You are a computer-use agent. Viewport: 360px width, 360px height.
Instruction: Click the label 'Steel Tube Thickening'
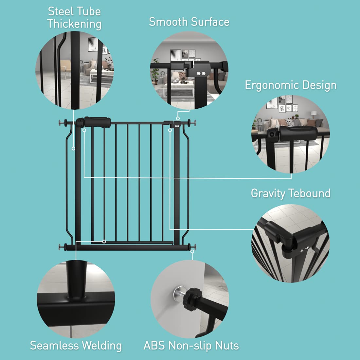click(x=74, y=18)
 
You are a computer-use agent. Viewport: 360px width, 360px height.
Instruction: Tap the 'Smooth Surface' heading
click(x=189, y=22)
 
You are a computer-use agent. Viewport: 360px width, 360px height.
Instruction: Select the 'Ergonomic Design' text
click(x=291, y=85)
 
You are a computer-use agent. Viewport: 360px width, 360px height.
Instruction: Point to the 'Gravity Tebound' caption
click(x=291, y=193)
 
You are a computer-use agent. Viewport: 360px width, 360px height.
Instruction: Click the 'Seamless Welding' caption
click(x=76, y=346)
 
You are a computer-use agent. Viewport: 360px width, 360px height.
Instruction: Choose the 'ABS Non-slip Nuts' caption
click(x=191, y=346)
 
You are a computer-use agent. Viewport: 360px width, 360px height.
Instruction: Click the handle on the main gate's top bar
click(x=97, y=122)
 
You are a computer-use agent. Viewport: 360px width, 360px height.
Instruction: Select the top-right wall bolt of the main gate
click(x=194, y=123)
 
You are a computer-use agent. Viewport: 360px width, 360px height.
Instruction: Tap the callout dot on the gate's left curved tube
click(x=74, y=149)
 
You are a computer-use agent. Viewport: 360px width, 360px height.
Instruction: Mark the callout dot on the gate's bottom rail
click(x=104, y=242)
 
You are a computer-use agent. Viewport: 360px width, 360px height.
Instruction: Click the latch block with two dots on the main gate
click(x=177, y=124)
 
